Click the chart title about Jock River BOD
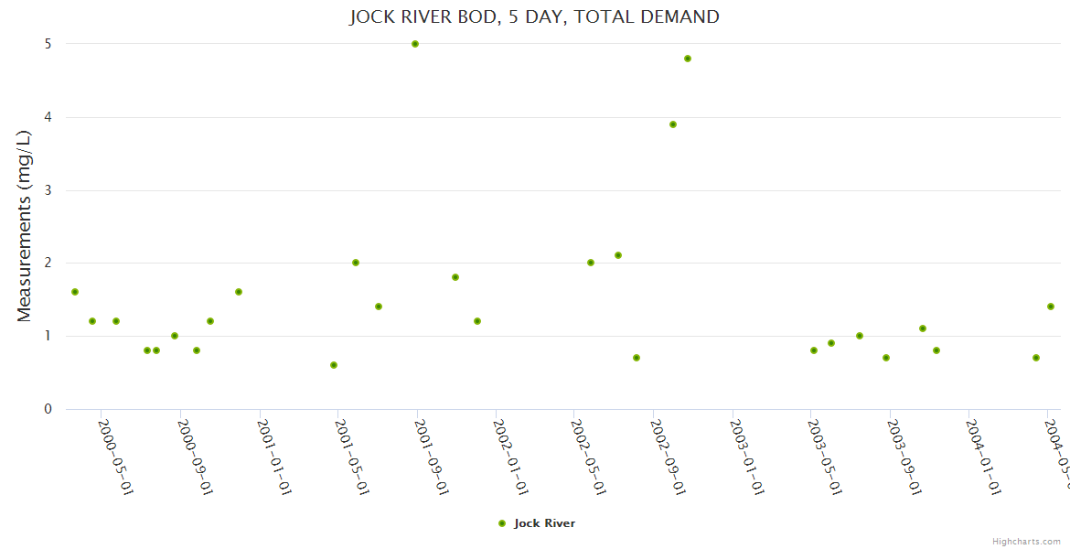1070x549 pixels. pos(534,16)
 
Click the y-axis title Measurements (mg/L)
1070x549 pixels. pos(25,226)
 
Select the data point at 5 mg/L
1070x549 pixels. pos(415,44)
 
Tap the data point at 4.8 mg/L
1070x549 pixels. pos(688,59)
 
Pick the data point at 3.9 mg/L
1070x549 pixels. pos(673,124)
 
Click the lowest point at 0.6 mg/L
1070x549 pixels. pos(334,365)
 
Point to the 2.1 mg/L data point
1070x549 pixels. pos(618,255)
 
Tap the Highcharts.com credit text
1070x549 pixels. pos(1026,541)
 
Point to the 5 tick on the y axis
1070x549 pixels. pos(47,44)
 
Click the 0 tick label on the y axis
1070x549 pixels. pos(48,409)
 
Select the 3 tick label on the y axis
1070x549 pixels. pos(48,190)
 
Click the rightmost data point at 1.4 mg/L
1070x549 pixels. pos(1051,307)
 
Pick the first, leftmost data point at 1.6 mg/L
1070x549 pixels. pos(75,292)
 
